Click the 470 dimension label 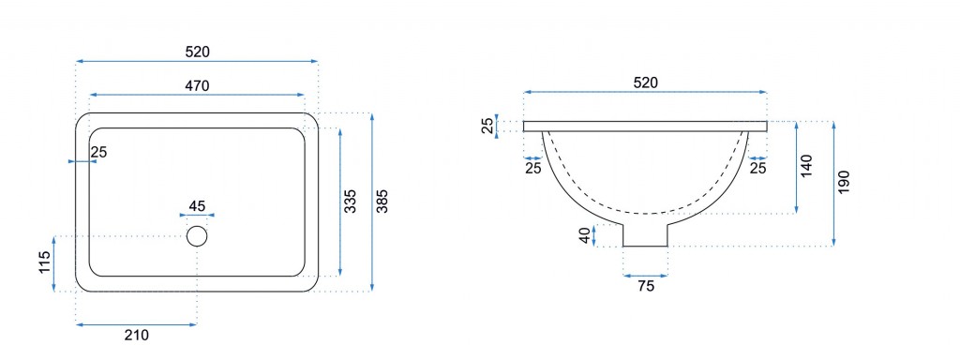[197, 86]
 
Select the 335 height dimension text [350, 202]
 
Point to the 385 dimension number [382, 202]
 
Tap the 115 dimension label [44, 262]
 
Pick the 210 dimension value [137, 335]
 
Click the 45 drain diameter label [197, 205]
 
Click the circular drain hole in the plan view [197, 236]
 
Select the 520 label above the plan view [197, 52]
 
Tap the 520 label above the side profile [645, 83]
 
